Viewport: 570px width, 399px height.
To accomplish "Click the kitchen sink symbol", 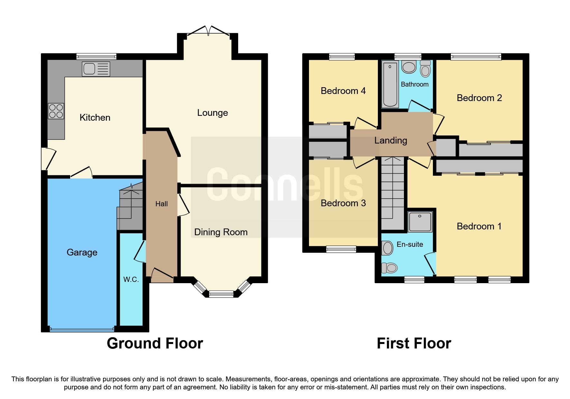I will pos(96,69).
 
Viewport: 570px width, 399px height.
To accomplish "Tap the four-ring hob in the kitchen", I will pos(56,111).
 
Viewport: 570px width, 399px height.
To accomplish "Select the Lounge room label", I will pos(212,113).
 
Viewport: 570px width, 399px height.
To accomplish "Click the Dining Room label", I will pos(221,232).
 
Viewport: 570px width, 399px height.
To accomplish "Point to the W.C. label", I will pos(131,279).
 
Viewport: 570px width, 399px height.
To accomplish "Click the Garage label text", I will pos(82,252).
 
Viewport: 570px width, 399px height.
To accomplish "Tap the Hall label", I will pos(161,204).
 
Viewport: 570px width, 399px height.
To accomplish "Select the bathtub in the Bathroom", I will pos(390,84).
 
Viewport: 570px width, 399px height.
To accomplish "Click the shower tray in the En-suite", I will pos(420,221).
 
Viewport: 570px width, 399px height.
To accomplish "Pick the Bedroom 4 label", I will pos(343,91).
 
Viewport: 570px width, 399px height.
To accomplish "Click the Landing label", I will pos(390,140).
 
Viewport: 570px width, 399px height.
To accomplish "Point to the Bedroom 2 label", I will pos(479,98).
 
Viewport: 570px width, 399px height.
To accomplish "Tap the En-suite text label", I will pos(410,244).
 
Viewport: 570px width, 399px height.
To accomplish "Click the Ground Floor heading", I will pos(155,343).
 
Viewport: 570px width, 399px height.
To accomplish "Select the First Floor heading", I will pos(414,343).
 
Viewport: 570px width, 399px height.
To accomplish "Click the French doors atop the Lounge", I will pos(209,31).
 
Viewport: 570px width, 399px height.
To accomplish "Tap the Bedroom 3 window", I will pos(341,249).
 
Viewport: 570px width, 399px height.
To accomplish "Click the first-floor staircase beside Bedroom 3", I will pos(392,193).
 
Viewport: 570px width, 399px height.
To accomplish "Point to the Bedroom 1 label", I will pos(479,226).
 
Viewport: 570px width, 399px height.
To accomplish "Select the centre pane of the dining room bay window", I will pos(221,293).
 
